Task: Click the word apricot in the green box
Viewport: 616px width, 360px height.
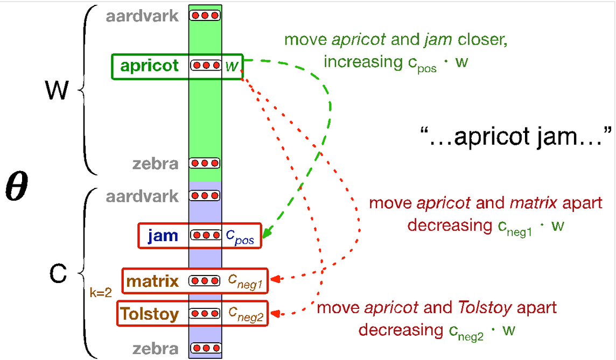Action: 149,66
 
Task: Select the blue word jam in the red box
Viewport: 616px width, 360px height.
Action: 162,236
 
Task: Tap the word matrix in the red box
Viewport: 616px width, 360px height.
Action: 152,281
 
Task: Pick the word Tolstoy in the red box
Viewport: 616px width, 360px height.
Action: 149,313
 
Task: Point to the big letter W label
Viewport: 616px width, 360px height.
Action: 57,91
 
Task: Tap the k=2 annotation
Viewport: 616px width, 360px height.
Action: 101,293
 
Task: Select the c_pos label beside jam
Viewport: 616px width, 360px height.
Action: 240,236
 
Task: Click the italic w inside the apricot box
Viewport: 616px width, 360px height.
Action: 232,66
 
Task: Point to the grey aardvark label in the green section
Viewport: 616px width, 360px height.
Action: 142,16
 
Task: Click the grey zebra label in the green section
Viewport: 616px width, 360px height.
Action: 156,164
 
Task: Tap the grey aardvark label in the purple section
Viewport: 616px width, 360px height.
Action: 142,196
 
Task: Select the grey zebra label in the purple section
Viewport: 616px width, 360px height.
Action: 156,349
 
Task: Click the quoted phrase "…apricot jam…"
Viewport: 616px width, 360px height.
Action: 515,136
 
